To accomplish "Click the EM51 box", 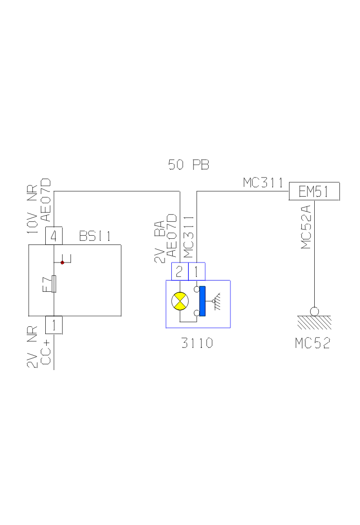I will coord(314,192).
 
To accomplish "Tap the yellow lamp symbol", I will coord(180,301).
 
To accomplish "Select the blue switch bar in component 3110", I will coord(202,301).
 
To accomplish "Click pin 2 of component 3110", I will coord(179,271).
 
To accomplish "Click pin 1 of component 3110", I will coord(197,271).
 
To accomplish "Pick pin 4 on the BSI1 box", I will coord(54,236).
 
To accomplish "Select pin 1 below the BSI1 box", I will coord(54,325).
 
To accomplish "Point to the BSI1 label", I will coord(95,236).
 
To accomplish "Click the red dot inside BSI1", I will coord(62,262).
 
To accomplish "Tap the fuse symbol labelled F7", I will coord(54,284).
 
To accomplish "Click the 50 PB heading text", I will coord(189,165).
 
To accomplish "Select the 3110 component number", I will coord(197,343).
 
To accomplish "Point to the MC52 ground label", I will coord(312,343).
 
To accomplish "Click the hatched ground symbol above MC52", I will coord(314,322).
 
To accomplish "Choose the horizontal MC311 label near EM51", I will coord(263,183).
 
